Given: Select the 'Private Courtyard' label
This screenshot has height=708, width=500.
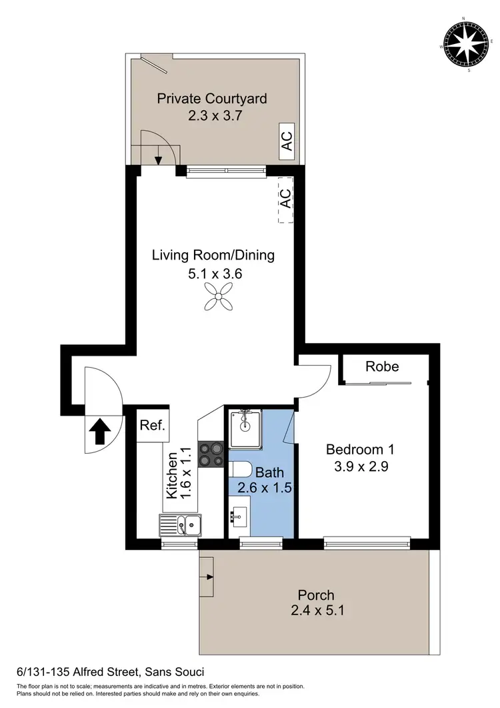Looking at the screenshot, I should (212, 99).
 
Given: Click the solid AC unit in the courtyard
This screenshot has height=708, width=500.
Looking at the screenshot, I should (286, 141).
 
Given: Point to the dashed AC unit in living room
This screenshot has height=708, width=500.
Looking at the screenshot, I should (285, 199).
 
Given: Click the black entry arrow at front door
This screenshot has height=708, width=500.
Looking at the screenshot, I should (100, 432).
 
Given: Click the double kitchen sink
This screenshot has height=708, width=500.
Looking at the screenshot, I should (180, 526).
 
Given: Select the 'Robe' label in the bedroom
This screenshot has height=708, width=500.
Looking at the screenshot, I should (383, 366).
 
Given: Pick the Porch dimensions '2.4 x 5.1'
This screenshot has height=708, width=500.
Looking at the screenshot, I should (315, 610).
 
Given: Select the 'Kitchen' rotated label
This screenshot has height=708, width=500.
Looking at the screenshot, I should (171, 475).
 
